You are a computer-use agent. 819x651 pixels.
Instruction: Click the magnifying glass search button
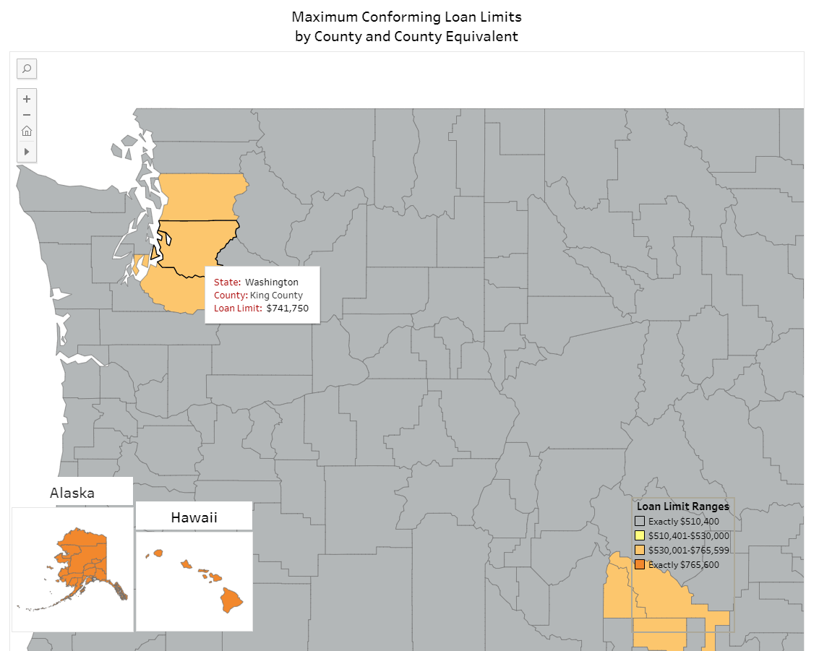tap(27, 69)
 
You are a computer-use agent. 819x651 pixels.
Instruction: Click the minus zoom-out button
tap(27, 115)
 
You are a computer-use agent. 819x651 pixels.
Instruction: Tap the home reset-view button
tap(27, 131)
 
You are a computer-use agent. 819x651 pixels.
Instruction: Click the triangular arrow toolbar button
tap(27, 152)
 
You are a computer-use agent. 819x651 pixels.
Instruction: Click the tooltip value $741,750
tap(287, 309)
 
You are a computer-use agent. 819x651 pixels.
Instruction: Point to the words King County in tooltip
tap(276, 296)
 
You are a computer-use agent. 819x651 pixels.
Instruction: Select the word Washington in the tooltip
tap(271, 283)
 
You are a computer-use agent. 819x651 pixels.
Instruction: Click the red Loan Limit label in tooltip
tap(237, 309)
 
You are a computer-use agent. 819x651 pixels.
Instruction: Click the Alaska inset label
tap(72, 493)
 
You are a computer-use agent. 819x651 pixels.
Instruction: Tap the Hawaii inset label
tap(194, 517)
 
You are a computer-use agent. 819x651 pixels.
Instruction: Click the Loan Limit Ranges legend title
tap(682, 506)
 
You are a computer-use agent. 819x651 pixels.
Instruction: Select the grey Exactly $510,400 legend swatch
tap(639, 522)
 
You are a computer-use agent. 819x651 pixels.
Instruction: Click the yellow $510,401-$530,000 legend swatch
tap(639, 536)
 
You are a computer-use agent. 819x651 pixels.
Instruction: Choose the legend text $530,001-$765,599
tap(688, 551)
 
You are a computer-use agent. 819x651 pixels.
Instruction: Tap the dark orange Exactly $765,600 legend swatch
tap(639, 565)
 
